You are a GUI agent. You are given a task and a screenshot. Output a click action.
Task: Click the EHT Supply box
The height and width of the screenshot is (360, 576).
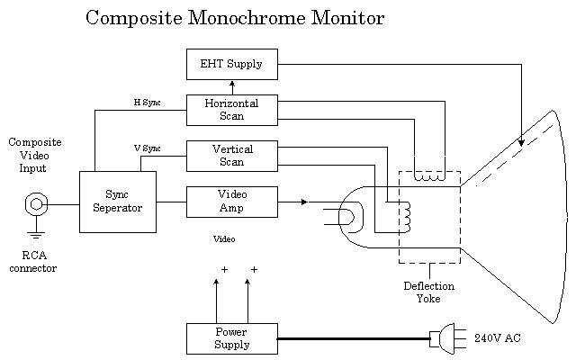coord(231,64)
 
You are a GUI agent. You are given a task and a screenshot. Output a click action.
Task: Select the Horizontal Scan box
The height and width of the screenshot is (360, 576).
coord(231,110)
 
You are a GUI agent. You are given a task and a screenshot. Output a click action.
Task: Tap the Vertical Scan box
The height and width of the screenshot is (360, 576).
coord(231,156)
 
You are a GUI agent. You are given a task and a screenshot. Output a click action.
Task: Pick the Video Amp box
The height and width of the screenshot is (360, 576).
coord(231,202)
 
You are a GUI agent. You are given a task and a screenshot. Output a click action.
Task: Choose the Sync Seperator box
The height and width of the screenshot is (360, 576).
coord(117,202)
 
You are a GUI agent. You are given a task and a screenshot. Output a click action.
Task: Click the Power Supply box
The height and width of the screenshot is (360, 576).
coord(231,338)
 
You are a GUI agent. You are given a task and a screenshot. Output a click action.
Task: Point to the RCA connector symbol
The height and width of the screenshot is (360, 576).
coord(36,204)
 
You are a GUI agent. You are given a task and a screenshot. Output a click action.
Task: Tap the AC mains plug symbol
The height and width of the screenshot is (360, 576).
coord(445,338)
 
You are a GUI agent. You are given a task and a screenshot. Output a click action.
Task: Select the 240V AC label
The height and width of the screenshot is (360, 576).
coord(497,338)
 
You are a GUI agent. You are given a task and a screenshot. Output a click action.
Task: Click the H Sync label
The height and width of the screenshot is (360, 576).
coord(147,103)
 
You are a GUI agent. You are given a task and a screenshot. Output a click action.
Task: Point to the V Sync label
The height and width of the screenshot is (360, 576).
coord(147,148)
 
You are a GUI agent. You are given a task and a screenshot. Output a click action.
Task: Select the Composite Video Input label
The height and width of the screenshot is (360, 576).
coord(35,155)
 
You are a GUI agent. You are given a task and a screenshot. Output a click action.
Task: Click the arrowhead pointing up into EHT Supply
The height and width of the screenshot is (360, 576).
coord(232,84)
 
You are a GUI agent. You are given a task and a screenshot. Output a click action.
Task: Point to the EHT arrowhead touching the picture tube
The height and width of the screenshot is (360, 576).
coord(521,142)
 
